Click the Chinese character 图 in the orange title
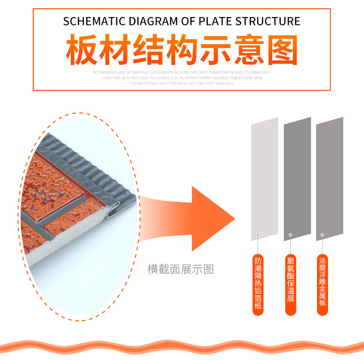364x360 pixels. tap(281, 50)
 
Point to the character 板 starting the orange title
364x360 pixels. tap(82, 50)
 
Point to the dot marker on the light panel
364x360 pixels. tap(258, 235)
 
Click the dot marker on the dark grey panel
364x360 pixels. tap(290, 235)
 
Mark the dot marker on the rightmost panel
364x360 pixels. tap(323, 235)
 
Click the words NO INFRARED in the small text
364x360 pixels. tap(106, 72)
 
